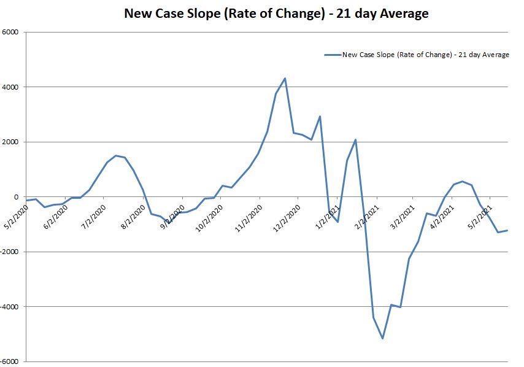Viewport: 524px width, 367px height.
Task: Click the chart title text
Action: pos(276,13)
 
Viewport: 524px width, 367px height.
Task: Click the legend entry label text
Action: pos(425,55)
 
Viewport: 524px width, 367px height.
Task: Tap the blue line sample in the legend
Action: pos(332,55)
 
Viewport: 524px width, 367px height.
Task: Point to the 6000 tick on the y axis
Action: pos(10,33)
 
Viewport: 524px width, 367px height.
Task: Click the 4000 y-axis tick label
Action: pos(10,87)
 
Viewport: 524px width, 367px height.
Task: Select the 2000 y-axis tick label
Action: pos(10,142)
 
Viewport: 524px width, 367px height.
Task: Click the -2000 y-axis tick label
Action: pos(9,252)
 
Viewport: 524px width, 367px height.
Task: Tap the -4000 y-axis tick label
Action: pos(9,306)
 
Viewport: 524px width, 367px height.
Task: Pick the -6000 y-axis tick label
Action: pos(9,361)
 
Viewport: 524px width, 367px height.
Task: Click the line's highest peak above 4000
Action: pos(285,78)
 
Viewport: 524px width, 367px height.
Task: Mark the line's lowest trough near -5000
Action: pos(382,338)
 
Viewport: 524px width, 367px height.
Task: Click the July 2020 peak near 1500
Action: pos(116,155)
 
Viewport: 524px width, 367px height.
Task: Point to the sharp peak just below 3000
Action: pos(320,116)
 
